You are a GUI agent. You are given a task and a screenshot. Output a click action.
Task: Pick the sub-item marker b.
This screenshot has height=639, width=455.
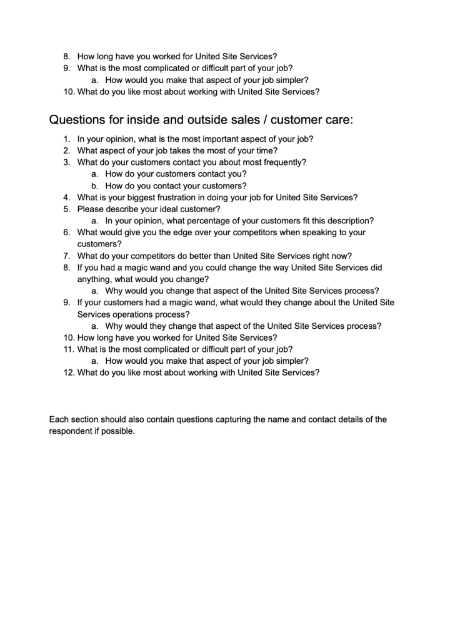[x=95, y=186]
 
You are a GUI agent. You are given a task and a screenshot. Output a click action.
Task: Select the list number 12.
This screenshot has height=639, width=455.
[x=69, y=373]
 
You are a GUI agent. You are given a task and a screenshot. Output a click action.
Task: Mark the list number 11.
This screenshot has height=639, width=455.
[x=69, y=349]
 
